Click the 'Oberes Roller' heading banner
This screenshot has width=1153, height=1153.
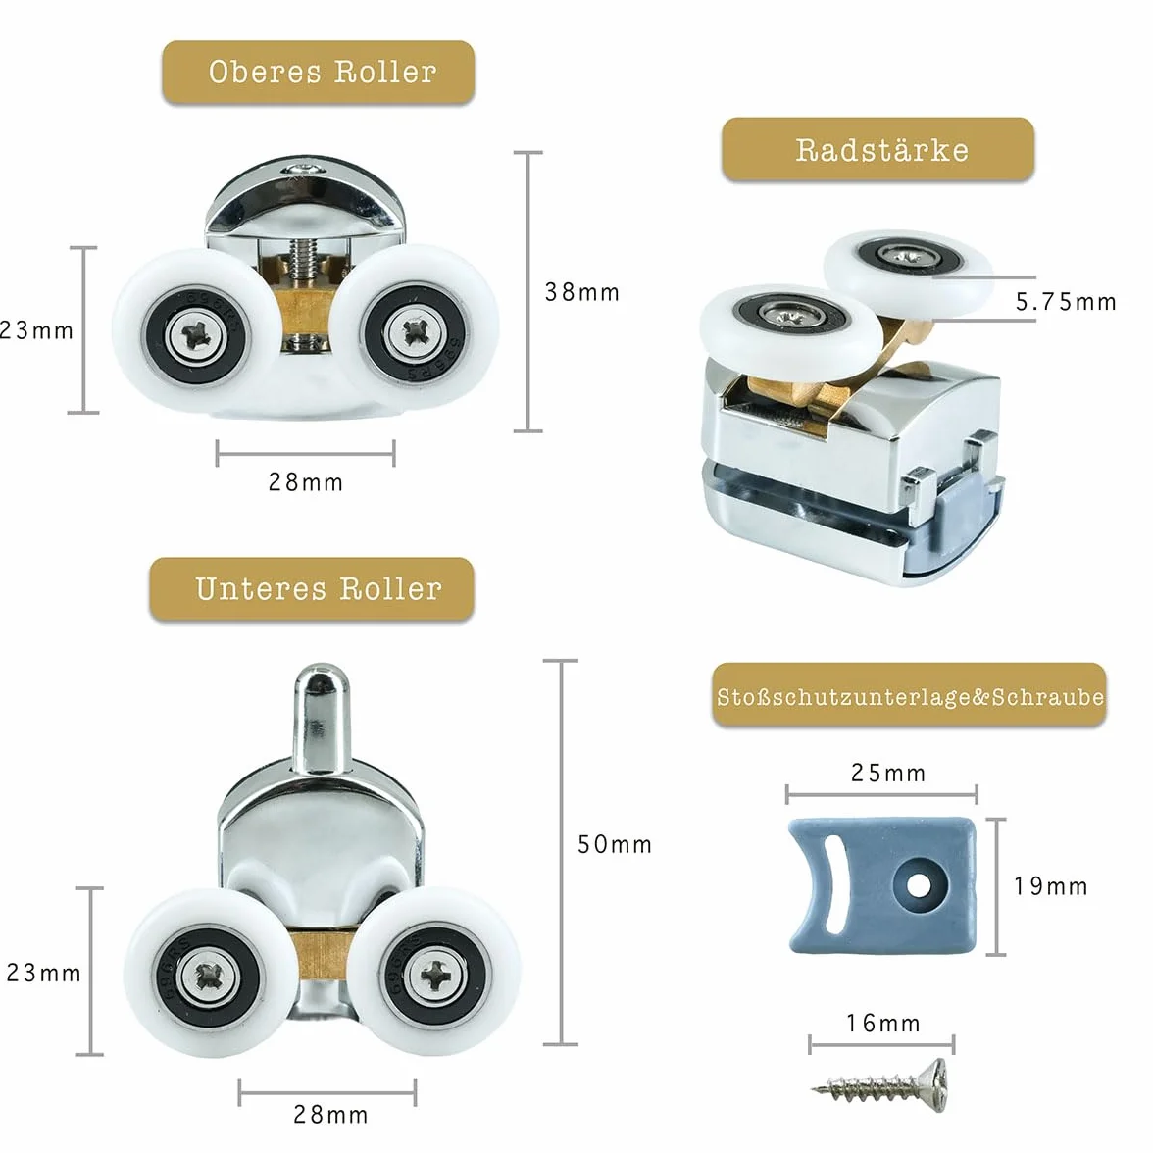click(319, 73)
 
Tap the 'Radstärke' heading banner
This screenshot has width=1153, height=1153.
click(878, 149)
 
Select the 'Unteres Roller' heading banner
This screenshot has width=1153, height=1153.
click(312, 589)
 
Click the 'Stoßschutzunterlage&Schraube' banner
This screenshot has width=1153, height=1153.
click(910, 696)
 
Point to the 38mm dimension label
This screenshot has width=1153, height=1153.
click(582, 292)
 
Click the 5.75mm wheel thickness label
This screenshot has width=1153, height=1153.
click(1066, 302)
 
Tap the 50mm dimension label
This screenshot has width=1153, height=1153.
click(615, 844)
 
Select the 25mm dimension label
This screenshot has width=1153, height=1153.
click(888, 773)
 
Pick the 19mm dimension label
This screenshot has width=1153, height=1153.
click(1051, 886)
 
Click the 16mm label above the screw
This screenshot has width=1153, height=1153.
click(883, 1023)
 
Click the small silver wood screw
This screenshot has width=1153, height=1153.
click(880, 1082)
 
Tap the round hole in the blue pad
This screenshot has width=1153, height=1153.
click(917, 884)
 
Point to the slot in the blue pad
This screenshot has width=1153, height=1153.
click(831, 886)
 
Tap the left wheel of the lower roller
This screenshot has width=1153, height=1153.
click(207, 973)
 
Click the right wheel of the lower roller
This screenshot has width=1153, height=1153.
click(436, 973)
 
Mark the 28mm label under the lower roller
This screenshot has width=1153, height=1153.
click(330, 1114)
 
